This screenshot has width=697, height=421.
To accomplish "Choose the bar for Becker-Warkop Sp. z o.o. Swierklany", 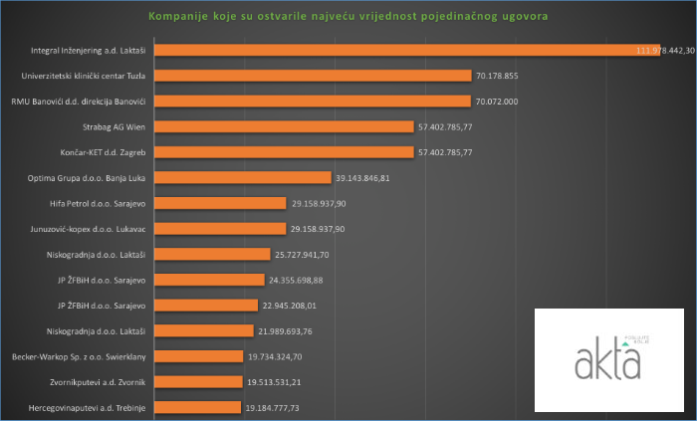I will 198,355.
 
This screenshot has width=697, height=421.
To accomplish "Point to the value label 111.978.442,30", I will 665,50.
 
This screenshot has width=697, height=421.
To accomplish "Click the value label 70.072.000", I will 501,101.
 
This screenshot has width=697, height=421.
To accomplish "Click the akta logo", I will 608,360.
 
